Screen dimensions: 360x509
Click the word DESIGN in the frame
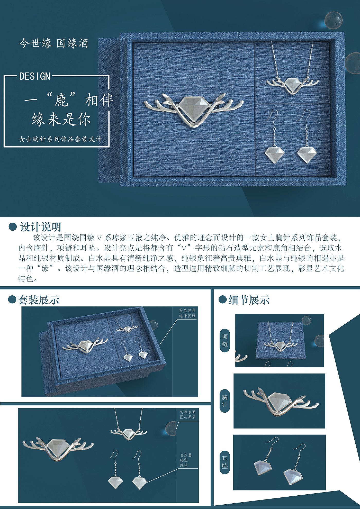click(x=35, y=76)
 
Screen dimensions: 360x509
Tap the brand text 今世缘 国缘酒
click(x=53, y=43)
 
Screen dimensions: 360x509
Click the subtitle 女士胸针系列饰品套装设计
click(x=60, y=139)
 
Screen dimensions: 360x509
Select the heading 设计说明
click(x=40, y=227)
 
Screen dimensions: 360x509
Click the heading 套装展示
click(x=39, y=300)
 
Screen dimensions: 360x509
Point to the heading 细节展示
click(x=249, y=300)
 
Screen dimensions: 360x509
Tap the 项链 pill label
click(x=225, y=340)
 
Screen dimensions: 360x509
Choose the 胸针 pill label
click(x=225, y=401)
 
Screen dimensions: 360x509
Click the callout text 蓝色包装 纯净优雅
click(x=187, y=313)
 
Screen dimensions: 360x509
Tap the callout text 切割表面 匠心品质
click(x=188, y=414)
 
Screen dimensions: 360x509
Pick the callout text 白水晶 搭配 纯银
click(x=186, y=460)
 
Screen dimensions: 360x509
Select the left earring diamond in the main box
click(x=275, y=154)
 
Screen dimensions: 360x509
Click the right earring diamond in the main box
click(x=307, y=154)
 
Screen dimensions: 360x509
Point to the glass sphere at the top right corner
click(x=333, y=20)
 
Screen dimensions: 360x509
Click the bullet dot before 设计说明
click(x=12, y=227)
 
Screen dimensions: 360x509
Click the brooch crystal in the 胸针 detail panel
click(x=280, y=401)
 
